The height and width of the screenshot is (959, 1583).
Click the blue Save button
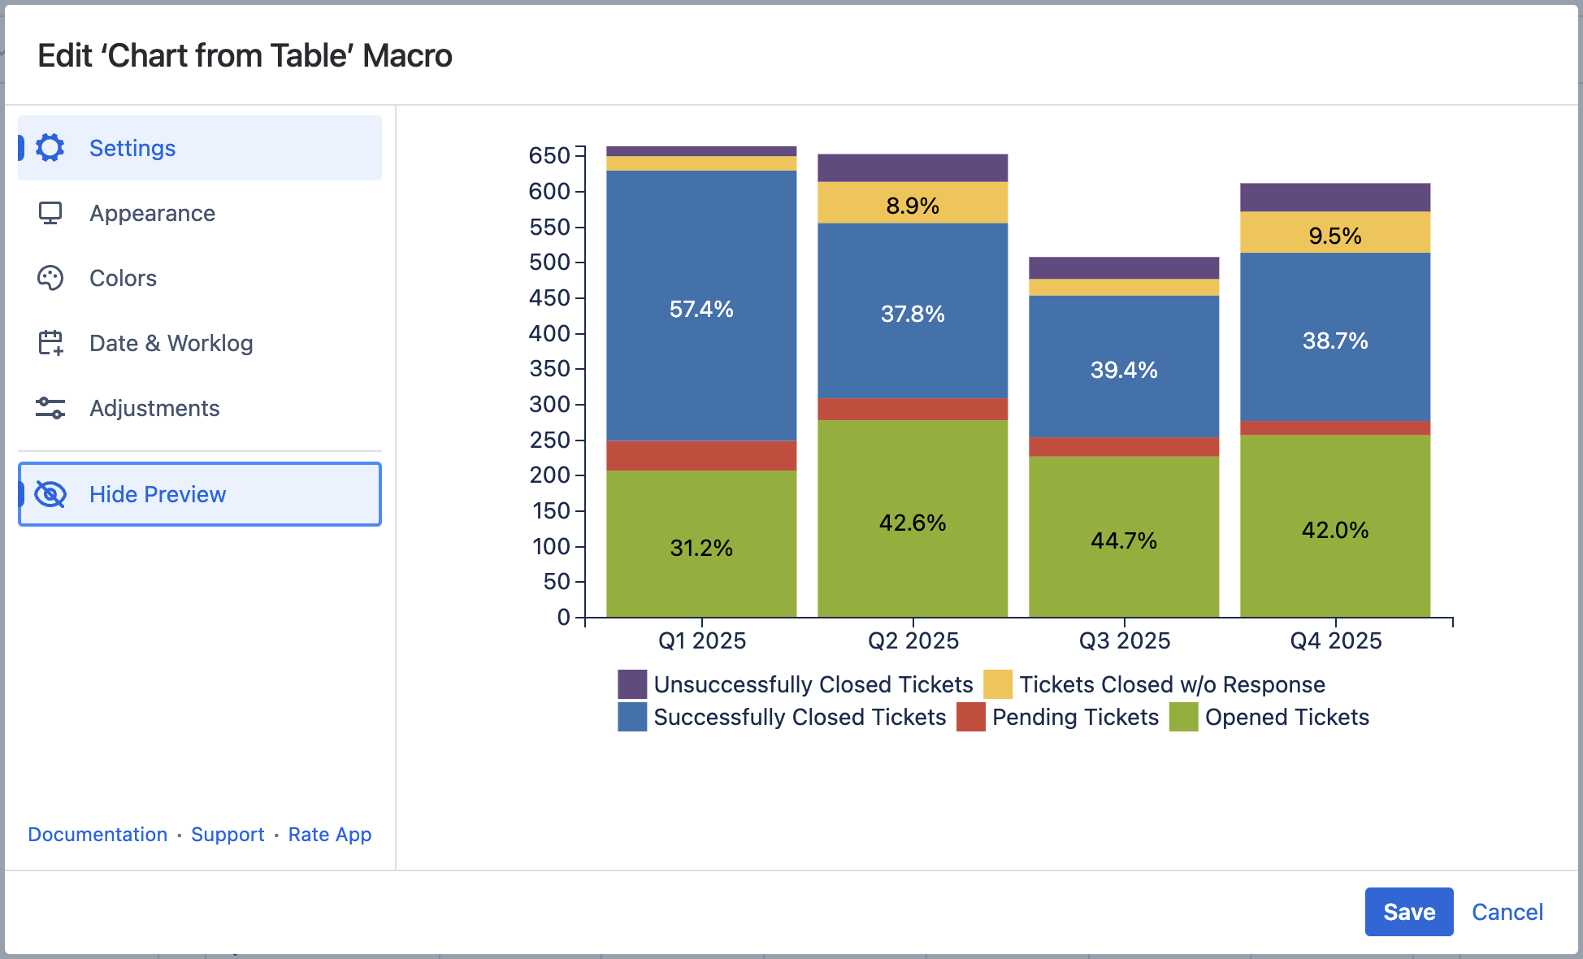[1408, 912]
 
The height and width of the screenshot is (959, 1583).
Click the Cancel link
[1507, 912]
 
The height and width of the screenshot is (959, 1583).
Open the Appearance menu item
[152, 213]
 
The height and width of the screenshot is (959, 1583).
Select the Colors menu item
[123, 278]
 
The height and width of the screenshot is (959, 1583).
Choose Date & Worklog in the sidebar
[171, 343]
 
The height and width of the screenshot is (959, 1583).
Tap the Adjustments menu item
[154, 408]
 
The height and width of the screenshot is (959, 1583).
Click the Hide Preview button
[200, 494]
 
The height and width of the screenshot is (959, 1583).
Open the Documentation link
[98, 835]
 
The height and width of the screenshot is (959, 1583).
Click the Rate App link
[329, 835]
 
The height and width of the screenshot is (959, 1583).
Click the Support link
[228, 835]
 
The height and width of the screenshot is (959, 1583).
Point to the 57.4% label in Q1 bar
[701, 309]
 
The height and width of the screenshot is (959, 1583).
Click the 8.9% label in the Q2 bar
[913, 206]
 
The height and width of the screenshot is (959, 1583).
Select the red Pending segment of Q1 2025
[701, 456]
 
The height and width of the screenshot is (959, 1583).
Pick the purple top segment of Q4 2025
[1335, 197]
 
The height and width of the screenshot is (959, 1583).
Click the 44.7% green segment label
[1124, 540]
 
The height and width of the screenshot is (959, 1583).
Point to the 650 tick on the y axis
[549, 155]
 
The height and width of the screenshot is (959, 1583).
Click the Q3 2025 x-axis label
[1125, 640]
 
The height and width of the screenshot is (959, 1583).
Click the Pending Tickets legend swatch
[971, 717]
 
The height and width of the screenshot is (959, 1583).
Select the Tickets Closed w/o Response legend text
[1172, 684]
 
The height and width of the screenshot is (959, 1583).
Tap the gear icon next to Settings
[50, 148]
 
